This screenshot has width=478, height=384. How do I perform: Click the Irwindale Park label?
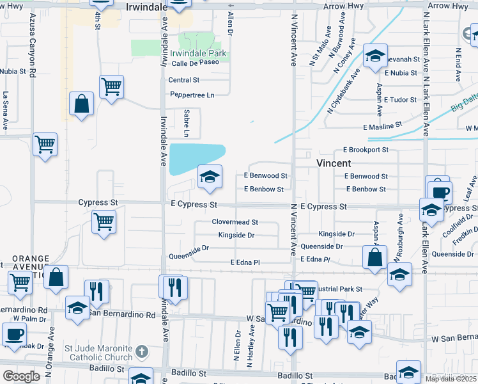[x=197, y=54]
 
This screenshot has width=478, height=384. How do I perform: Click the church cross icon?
[x=142, y=351]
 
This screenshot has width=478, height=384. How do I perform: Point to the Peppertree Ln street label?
[x=192, y=95]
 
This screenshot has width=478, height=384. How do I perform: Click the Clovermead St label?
[x=235, y=222]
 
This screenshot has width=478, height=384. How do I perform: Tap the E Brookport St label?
[x=365, y=150]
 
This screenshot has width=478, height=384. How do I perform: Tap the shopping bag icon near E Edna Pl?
[x=375, y=257]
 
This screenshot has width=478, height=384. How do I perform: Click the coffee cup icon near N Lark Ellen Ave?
[x=438, y=191]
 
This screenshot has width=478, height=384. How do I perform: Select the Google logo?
[x=21, y=376]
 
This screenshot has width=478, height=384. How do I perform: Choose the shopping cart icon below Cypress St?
[x=104, y=223]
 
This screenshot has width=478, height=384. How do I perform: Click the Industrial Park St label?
[x=339, y=289]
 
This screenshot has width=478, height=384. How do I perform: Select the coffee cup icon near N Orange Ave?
[x=14, y=333]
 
